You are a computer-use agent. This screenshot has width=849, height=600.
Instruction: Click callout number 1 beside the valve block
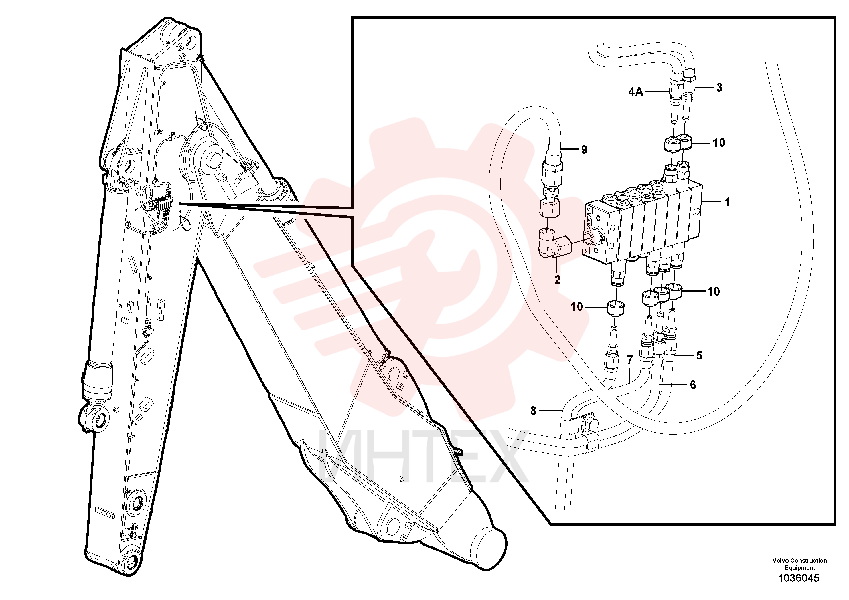pyautogui.click(x=727, y=202)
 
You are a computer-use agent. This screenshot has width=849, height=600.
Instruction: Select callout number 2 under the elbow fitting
pyautogui.click(x=557, y=280)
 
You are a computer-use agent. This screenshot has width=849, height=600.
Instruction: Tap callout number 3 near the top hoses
pyautogui.click(x=719, y=88)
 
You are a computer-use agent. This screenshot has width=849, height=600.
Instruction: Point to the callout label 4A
pyautogui.click(x=636, y=92)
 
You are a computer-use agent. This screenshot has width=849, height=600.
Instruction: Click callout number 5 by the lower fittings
pyautogui.click(x=699, y=355)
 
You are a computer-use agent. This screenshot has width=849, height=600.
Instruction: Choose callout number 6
pyautogui.click(x=693, y=385)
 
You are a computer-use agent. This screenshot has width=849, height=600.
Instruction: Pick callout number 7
pyautogui.click(x=630, y=359)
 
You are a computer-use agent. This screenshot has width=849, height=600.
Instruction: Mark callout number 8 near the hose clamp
pyautogui.click(x=533, y=411)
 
